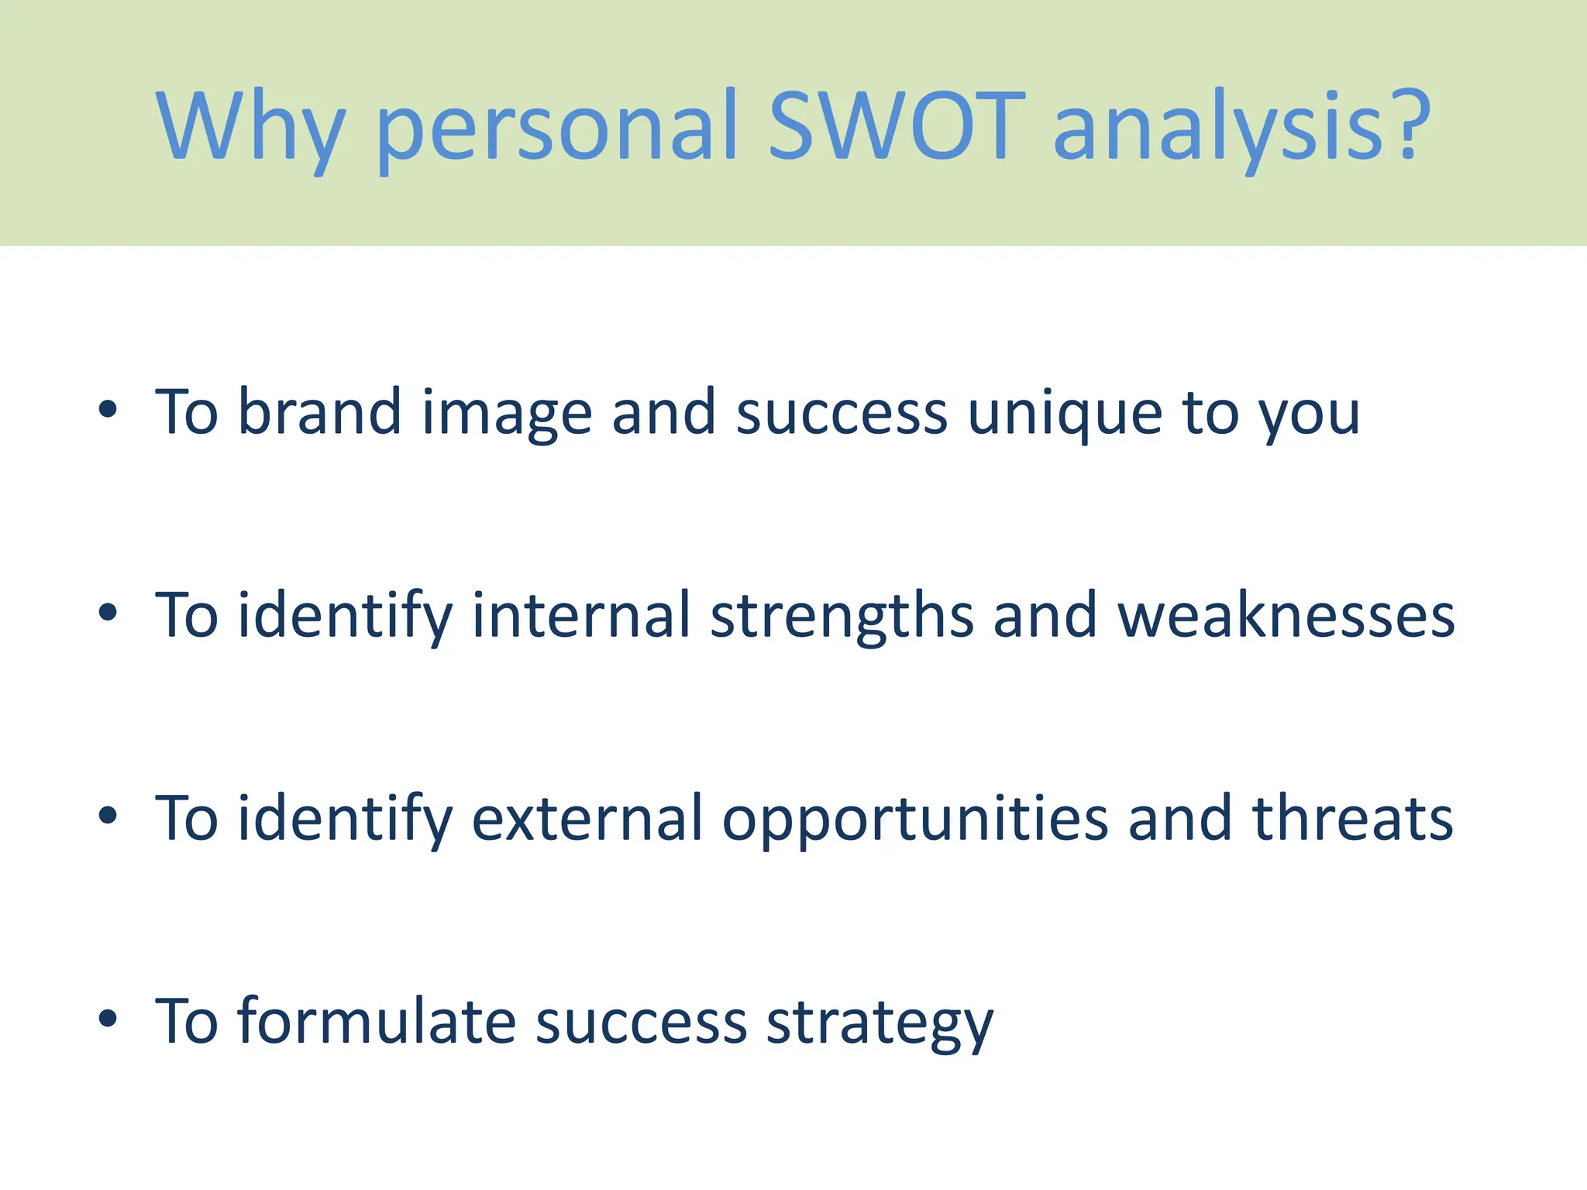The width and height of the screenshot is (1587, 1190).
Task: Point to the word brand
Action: click(x=318, y=411)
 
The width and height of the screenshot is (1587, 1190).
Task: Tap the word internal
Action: click(x=580, y=615)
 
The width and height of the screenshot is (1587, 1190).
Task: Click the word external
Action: click(x=587, y=819)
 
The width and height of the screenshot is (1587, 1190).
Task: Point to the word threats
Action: click(x=1353, y=819)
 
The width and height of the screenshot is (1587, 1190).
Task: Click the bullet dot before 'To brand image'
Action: click(x=108, y=410)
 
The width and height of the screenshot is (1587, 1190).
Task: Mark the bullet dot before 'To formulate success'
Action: click(x=108, y=1019)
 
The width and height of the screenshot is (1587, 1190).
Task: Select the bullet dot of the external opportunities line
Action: click(x=108, y=816)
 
